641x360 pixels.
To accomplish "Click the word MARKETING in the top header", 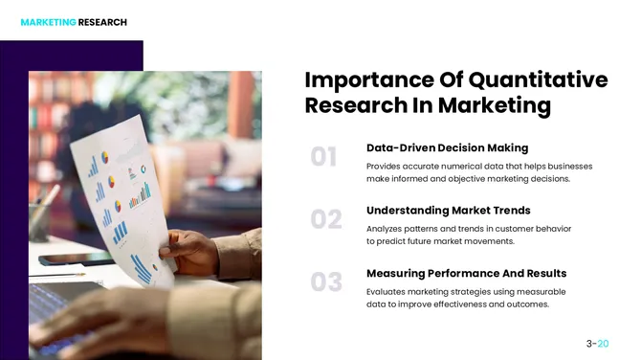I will coord(48,22).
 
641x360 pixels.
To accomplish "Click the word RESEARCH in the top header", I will coord(102,22).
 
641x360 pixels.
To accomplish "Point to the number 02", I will coord(326,220).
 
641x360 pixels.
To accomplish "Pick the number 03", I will coord(326,282).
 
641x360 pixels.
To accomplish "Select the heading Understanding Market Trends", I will coord(448,210).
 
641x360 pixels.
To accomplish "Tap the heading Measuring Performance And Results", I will coord(466,273).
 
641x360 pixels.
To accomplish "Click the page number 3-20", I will coord(597,342).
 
